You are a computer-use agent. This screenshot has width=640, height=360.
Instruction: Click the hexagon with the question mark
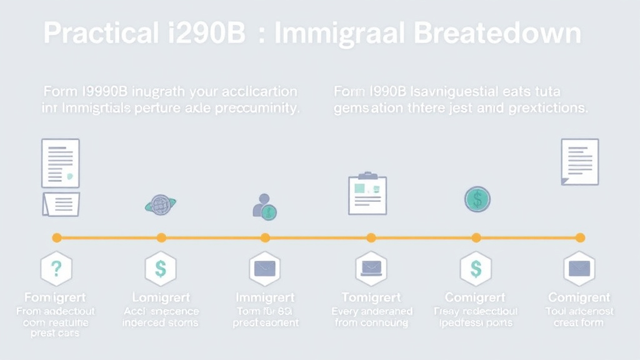56,269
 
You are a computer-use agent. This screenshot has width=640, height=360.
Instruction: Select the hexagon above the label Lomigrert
161,269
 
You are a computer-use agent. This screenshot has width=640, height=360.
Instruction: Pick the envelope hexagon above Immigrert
265,269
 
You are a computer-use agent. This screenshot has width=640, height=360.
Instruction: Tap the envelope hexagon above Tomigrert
371,269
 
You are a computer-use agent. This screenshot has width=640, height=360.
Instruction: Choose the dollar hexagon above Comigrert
476,269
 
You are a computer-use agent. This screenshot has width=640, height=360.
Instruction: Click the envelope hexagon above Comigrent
579,269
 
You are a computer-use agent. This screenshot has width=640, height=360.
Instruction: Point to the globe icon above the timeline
161,204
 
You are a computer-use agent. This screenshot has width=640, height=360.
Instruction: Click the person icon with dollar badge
264,207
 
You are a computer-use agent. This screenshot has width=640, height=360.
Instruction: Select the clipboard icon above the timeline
367,193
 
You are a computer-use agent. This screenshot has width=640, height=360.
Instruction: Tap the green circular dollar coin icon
477,199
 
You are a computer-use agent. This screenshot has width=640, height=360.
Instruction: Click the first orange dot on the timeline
57,237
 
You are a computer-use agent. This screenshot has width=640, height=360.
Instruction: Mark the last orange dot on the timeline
580,237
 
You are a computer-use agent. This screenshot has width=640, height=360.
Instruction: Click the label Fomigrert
55,297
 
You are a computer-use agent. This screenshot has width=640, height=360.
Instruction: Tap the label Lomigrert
161,297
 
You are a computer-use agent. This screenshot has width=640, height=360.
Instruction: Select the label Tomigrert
371,297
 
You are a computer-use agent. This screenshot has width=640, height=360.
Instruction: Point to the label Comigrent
579,297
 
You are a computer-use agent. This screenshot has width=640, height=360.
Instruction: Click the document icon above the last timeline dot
580,161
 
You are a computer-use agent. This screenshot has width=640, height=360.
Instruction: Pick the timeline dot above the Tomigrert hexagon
371,237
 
